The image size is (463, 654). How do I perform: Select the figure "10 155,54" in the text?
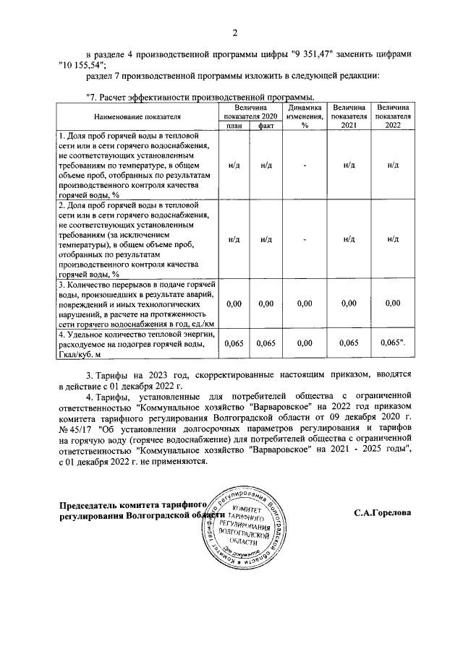(82, 65)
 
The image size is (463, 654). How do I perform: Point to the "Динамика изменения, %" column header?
(305, 116)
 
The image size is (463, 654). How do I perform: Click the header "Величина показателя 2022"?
(393, 116)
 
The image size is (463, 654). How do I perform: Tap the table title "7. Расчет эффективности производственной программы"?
(200, 97)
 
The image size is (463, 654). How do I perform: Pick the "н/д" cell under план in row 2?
(234, 239)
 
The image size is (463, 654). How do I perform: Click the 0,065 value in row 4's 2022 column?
(393, 343)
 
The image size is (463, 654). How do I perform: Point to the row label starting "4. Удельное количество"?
(137, 343)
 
